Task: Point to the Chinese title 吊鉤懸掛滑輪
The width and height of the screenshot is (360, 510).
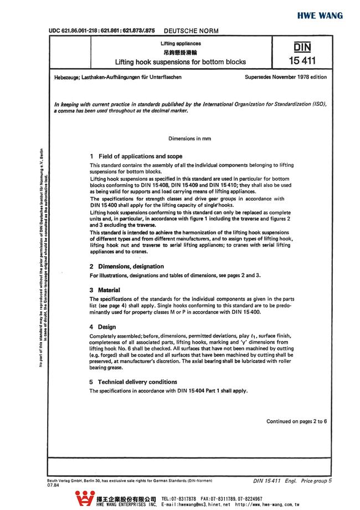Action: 181,52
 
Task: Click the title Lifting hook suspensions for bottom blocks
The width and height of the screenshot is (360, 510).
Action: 181,62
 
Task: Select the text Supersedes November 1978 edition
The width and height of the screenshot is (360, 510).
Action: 285,77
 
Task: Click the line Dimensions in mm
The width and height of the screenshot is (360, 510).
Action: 189,138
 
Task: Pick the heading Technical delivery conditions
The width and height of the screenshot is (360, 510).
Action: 133,382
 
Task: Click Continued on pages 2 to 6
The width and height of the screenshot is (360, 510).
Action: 296,421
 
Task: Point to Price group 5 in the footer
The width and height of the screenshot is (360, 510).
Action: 316,480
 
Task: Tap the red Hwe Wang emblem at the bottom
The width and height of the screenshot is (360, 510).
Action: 85,498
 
